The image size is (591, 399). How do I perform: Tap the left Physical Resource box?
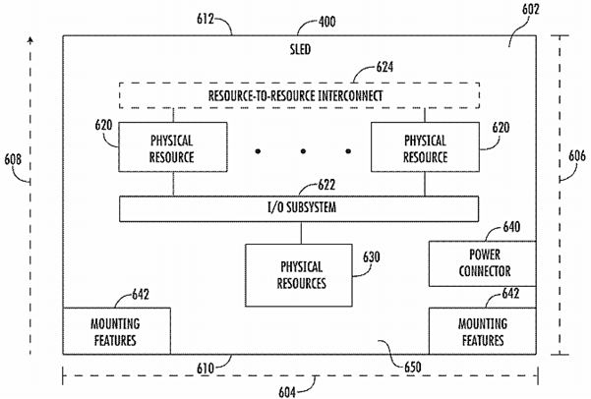(173, 148)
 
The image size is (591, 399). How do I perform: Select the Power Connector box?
(482, 263)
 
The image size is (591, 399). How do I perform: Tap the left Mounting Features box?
(116, 331)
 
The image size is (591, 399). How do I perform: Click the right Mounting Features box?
(482, 331)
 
